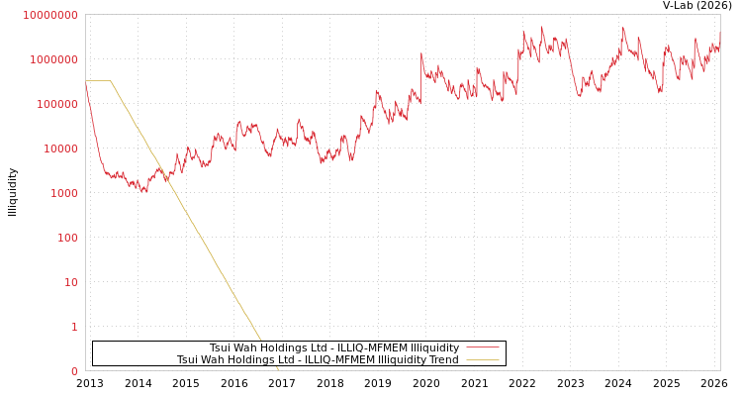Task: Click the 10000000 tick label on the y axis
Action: pos(49,15)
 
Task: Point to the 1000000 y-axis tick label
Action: pos(52,59)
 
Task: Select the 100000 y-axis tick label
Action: pos(55,104)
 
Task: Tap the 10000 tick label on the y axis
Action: pos(58,148)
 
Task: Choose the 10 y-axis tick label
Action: pos(69,282)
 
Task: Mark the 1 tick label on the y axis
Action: pos(73,327)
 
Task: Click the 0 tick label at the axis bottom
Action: pos(73,371)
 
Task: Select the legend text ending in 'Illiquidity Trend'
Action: pos(318,360)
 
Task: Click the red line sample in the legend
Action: pos(482,347)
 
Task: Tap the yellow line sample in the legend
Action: pos(482,360)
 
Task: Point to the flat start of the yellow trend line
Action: pos(97,81)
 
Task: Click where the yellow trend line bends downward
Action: pos(111,81)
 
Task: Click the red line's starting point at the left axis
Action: pos(86,83)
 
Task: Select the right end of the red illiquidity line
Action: pos(719,35)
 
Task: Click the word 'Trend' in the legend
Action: pos(443,360)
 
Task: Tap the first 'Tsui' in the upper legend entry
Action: pos(220,348)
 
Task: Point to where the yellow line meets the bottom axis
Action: pos(278,369)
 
